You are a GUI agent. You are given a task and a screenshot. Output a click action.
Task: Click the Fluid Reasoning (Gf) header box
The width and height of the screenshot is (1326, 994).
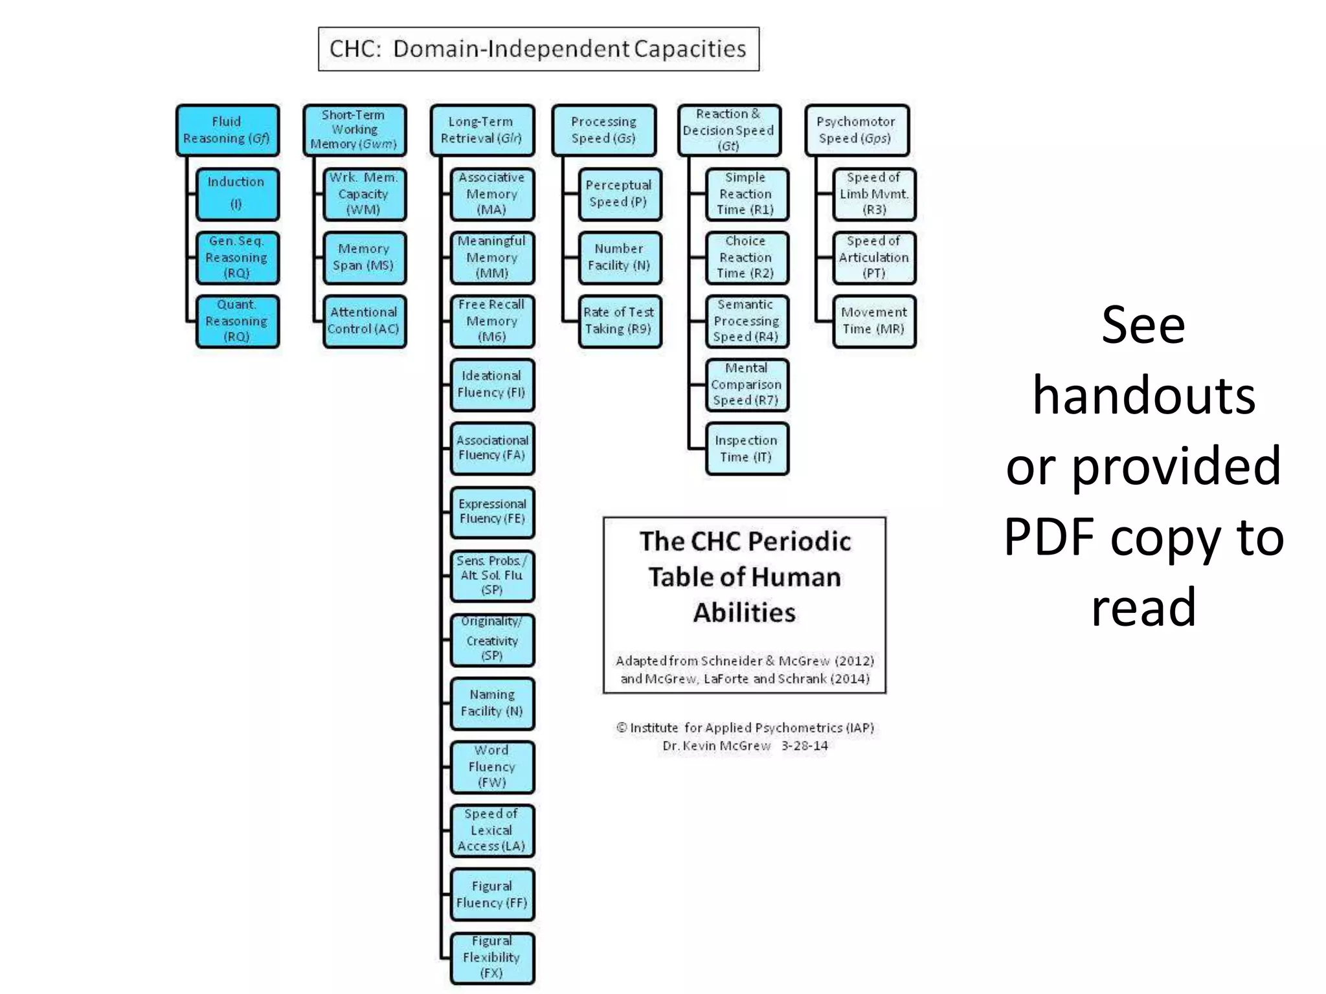click(227, 130)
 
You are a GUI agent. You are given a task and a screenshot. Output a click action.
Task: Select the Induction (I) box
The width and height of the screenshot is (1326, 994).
click(237, 193)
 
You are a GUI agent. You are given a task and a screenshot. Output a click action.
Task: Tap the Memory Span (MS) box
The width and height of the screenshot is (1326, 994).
click(364, 258)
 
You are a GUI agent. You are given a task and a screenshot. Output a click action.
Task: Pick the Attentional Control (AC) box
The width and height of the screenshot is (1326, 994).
click(364, 321)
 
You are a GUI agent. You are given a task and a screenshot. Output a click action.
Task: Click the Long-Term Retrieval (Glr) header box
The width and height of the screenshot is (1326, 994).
click(482, 130)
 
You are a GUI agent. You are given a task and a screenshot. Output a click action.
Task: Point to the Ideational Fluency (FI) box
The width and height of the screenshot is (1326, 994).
click(492, 384)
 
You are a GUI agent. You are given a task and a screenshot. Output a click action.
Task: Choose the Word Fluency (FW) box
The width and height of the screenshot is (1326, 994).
click(492, 766)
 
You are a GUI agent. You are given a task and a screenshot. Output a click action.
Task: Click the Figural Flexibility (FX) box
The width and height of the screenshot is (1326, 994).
click(492, 957)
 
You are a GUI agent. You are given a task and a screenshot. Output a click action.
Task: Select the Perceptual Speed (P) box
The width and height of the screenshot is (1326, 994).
click(620, 193)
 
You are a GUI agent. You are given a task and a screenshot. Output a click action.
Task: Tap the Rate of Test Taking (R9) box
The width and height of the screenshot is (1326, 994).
click(620, 321)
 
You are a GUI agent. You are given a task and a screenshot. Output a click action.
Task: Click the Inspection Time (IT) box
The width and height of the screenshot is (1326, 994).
click(747, 448)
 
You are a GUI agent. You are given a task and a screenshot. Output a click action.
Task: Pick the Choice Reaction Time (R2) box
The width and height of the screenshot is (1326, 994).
click(747, 258)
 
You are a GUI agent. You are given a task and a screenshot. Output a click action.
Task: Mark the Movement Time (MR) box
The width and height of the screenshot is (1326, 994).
click(874, 321)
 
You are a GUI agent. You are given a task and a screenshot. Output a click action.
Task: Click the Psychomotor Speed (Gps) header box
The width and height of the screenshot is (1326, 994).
click(857, 130)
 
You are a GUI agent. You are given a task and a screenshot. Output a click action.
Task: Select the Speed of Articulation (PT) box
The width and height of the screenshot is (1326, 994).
click(874, 258)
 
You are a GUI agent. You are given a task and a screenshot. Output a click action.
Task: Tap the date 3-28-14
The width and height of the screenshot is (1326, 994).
click(805, 745)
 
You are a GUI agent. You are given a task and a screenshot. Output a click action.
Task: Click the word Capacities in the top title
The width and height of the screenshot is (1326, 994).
click(690, 49)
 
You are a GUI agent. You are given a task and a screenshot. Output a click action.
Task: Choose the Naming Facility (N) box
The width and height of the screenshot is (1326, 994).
click(492, 703)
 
